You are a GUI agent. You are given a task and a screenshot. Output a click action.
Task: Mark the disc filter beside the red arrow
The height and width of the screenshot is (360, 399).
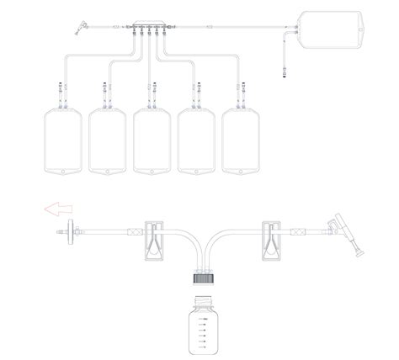tap(76, 228)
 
